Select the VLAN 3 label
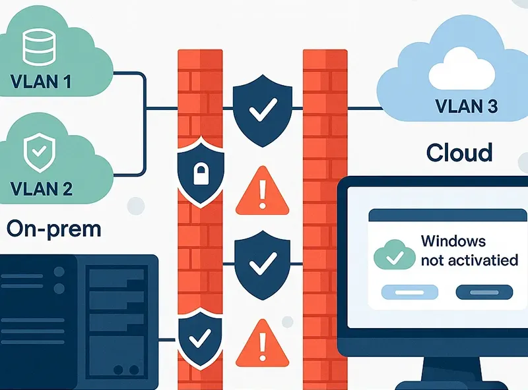coord(467,105)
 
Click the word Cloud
coord(459,153)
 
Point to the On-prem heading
coord(54,229)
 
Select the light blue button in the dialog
coord(410,291)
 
